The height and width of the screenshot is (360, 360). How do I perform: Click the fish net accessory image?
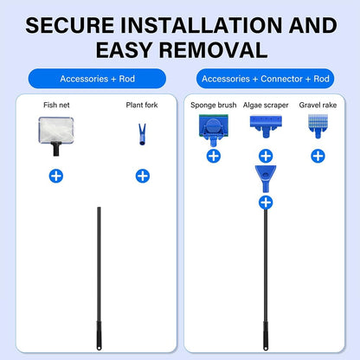click(56, 136)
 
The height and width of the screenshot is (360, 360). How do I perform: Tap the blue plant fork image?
click(142, 134)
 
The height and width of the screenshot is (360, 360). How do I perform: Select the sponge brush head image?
click(214, 130)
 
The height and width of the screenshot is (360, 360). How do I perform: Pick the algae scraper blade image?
click(266, 126)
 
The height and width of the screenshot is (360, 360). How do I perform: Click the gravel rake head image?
click(318, 126)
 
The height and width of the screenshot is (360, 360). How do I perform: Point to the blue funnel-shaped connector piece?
click(266, 178)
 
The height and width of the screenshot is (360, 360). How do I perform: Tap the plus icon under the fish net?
click(56, 176)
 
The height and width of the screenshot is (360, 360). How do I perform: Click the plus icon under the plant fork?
click(143, 176)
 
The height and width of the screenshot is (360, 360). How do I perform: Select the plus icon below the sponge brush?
click(214, 156)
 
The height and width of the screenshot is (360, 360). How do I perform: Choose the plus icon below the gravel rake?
click(318, 156)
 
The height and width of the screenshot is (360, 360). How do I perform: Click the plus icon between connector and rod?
click(266, 202)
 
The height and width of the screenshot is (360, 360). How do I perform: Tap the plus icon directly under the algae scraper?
click(266, 156)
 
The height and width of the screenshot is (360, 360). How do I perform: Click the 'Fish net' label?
click(56, 105)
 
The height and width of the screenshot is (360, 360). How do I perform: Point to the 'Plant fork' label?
click(142, 105)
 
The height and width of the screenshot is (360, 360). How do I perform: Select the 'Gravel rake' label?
click(318, 105)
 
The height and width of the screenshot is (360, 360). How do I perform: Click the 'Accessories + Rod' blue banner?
click(97, 79)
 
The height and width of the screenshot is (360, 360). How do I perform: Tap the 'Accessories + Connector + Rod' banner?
click(266, 79)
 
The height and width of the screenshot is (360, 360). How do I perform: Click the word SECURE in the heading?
click(70, 25)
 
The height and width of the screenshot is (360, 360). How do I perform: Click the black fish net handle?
click(56, 149)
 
